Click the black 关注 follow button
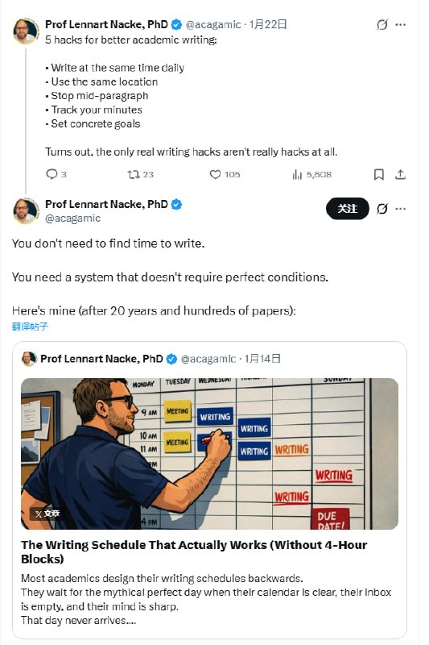pos(348,209)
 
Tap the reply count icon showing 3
pos(52,174)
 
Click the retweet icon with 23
pos(134,174)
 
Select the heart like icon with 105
pos(215,174)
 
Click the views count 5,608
pos(319,174)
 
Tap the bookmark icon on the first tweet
pos(379,174)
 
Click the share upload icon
pos(400,174)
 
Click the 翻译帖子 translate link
pos(30,327)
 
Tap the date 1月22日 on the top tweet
pos(268,24)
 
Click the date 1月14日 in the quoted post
pos(262,359)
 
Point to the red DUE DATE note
pos(332,519)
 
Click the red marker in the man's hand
pos(210,439)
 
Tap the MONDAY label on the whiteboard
pos(143,385)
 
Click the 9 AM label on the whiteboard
pos(149,412)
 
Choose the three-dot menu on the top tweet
pos(400,25)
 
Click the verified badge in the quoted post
pos(171,359)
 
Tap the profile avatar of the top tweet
pos(26,31)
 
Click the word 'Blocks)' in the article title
pos(43,559)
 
